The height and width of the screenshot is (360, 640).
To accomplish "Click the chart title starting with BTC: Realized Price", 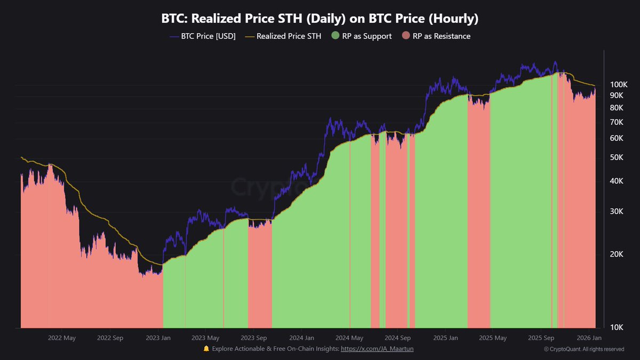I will click(x=320, y=19).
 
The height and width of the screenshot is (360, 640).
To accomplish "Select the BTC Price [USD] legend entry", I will click(x=202, y=36).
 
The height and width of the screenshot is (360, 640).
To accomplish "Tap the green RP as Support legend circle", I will click(x=335, y=36).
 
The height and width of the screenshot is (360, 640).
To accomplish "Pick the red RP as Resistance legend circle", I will click(x=406, y=36).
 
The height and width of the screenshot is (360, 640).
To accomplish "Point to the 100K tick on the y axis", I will click(x=619, y=85).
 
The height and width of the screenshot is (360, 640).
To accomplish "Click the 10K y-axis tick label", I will click(x=617, y=327).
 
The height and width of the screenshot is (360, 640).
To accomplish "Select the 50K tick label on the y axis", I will click(x=617, y=157).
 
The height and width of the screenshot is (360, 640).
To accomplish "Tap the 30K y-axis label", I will click(x=617, y=211).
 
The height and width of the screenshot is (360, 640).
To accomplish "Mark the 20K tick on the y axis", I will click(x=617, y=254).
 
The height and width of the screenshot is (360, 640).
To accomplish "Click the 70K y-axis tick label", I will click(x=617, y=122).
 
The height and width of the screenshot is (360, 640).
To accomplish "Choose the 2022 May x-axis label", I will click(x=62, y=338).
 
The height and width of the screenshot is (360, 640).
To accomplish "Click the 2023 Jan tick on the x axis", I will click(x=159, y=338).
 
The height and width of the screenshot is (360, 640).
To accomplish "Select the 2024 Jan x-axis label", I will click(x=302, y=338).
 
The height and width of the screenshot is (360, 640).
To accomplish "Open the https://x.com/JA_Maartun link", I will click(x=377, y=349).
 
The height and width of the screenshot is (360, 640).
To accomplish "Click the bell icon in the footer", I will click(x=206, y=349).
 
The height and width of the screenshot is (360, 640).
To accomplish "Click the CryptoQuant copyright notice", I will click(x=584, y=349).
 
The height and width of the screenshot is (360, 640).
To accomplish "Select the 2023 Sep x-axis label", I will click(x=254, y=338).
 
